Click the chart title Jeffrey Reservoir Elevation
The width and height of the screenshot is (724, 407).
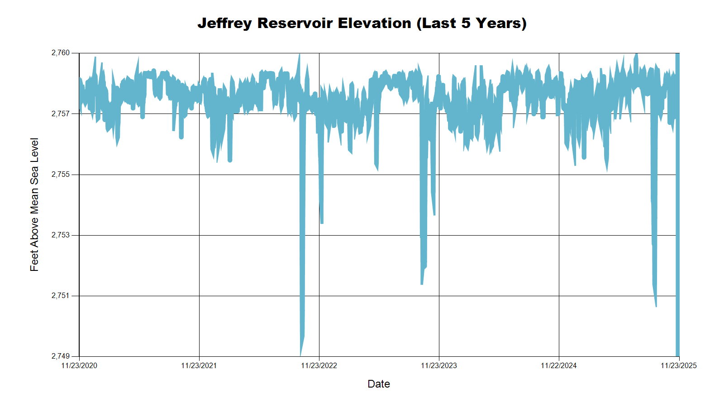pyautogui.click(x=362, y=23)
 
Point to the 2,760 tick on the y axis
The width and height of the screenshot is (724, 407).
pyautogui.click(x=61, y=53)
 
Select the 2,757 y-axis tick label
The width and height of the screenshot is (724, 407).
pyautogui.click(x=61, y=114)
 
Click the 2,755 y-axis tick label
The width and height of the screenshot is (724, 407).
pyautogui.click(x=61, y=174)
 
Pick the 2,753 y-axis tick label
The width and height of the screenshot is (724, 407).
pyautogui.click(x=61, y=235)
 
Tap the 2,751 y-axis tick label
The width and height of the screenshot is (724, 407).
pyautogui.click(x=61, y=295)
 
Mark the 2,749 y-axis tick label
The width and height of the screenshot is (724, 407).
pyautogui.click(x=61, y=356)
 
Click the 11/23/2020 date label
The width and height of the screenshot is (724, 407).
pyautogui.click(x=79, y=365)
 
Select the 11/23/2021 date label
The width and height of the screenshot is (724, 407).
pyautogui.click(x=199, y=365)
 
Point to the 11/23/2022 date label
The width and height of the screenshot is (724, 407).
pyautogui.click(x=319, y=365)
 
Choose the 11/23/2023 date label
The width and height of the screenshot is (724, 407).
pyautogui.click(x=439, y=365)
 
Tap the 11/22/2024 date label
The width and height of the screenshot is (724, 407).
pyautogui.click(x=559, y=365)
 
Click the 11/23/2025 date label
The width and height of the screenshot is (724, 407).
pyautogui.click(x=679, y=365)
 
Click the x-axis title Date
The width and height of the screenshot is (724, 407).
pyautogui.click(x=379, y=384)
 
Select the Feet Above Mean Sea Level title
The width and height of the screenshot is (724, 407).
pyautogui.click(x=34, y=204)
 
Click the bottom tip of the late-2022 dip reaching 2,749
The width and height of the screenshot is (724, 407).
pyautogui.click(x=301, y=355)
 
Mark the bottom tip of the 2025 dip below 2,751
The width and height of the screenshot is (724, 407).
pyautogui.click(x=656, y=306)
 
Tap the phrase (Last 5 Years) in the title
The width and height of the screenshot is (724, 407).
pyautogui.click(x=472, y=23)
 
